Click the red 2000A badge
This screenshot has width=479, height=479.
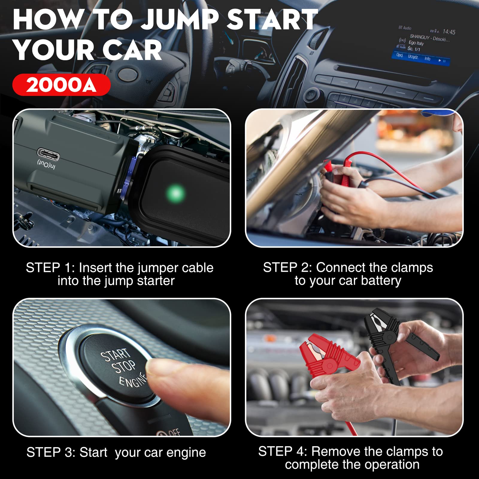tap(61, 85)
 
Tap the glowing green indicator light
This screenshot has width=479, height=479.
tap(176, 193)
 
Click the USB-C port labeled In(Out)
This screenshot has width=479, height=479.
tap(48, 154)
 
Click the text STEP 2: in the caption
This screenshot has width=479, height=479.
tap(287, 268)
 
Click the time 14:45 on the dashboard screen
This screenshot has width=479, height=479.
tap(449, 32)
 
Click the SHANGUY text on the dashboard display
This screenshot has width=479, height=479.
tap(419, 37)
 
